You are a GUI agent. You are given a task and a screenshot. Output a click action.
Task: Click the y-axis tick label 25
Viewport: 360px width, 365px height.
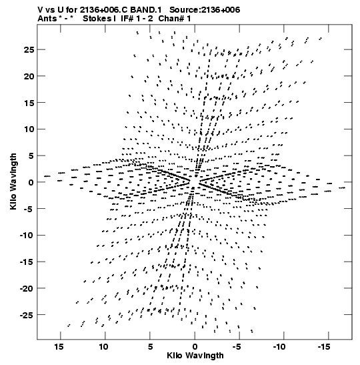(29, 50)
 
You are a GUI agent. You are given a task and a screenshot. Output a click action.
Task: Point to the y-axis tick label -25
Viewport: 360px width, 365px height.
(27, 315)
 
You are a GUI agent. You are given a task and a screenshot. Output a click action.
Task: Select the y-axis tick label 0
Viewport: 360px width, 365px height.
(31, 183)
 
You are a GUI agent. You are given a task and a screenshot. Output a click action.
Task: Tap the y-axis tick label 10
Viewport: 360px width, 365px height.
(29, 129)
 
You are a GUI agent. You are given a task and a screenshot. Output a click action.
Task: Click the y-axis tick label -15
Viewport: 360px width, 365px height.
(27, 262)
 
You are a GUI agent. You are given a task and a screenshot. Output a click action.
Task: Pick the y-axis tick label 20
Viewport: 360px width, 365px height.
(29, 76)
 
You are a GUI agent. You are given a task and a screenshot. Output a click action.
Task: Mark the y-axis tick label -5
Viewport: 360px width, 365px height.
(29, 209)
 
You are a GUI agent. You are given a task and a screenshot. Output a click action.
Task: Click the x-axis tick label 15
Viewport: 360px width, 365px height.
(59, 347)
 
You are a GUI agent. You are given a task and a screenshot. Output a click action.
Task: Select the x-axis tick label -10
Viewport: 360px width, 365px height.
(279, 347)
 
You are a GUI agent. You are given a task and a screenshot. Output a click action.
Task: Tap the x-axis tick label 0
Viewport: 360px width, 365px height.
(195, 347)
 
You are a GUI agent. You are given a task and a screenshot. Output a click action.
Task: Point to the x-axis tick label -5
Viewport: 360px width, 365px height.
(237, 347)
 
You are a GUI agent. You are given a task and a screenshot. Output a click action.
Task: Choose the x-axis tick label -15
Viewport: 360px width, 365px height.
(324, 347)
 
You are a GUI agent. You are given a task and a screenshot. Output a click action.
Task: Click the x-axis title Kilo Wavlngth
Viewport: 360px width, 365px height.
(195, 356)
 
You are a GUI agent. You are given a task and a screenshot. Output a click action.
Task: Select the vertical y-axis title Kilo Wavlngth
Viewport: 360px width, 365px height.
(13, 181)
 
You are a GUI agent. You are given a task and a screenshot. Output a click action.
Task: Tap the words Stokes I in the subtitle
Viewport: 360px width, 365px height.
(99, 19)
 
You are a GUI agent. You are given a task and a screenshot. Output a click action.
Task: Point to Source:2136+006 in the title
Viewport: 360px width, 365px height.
(205, 10)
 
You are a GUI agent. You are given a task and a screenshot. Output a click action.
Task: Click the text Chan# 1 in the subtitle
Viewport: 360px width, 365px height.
(175, 19)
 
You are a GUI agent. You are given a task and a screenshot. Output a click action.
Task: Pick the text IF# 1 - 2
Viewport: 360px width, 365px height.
(137, 19)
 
